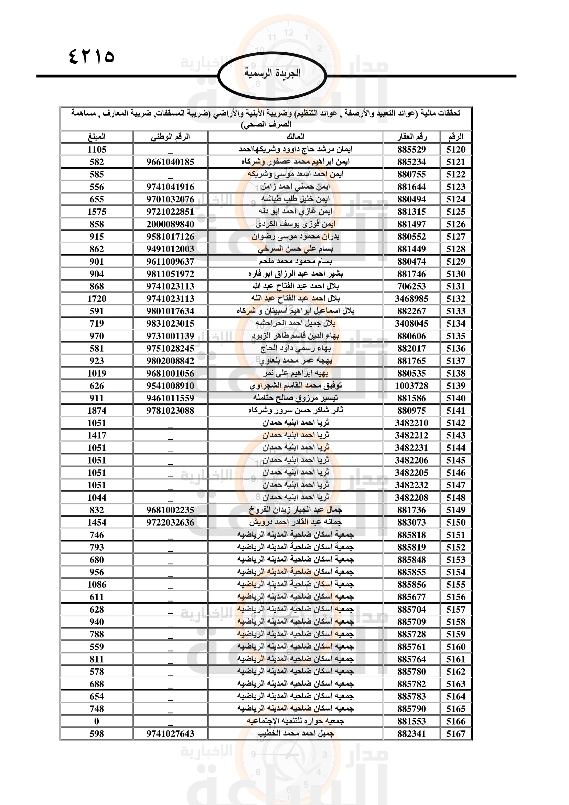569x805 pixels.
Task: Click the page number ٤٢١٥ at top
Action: pos(92,56)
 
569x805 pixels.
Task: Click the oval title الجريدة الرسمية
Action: pos(272,73)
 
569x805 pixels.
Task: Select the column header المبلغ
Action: pos(97,137)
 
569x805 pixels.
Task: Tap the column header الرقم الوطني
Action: pos(170,137)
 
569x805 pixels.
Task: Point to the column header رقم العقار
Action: pos(411,137)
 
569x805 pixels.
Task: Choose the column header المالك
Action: pos(296,137)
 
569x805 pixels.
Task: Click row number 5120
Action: pos(455,150)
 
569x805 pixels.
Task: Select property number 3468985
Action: pos(411,299)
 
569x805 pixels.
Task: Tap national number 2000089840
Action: pos(170,224)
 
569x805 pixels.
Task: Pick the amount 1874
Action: pos(97,411)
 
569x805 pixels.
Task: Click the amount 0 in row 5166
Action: pos(97,721)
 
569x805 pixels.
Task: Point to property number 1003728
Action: pos(411,386)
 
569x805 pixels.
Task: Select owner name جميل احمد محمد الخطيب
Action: pos(296,733)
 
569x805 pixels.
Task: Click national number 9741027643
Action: pos(170,734)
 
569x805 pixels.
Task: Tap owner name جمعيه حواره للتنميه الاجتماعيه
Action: pos(296,721)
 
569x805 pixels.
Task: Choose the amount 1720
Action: pos(97,299)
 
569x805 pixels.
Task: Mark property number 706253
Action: pos(411,286)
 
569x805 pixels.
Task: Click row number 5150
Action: pos(455,522)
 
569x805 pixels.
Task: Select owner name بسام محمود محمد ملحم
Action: pos(296,261)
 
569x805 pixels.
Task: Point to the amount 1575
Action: pos(97,212)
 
